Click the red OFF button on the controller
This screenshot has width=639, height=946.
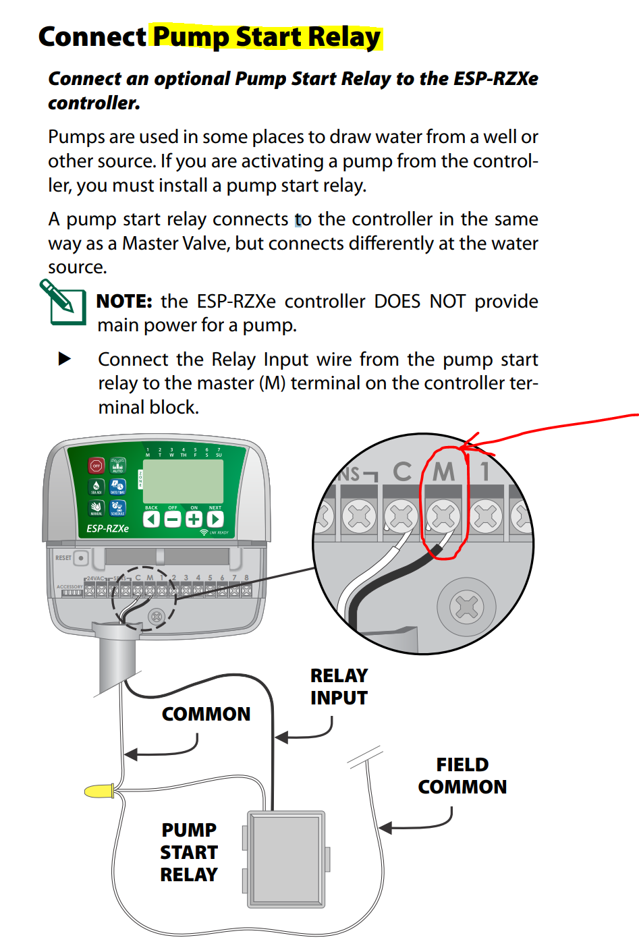point(96,466)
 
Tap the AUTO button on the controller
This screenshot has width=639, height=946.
point(117,466)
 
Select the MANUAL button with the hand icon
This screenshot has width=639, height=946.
point(96,508)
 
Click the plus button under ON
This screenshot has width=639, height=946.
point(194,519)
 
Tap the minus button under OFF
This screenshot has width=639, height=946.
point(173,519)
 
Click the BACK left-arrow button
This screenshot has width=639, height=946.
point(152,519)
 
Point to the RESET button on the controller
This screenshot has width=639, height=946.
point(81,558)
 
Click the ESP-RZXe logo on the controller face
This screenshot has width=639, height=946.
point(107,528)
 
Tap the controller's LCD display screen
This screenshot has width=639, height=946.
point(183,481)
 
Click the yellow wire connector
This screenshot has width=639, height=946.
point(99,791)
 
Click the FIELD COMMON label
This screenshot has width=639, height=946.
point(462,776)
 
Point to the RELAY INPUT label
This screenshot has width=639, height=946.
point(339,686)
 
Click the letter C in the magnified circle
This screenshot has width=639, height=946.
point(402,472)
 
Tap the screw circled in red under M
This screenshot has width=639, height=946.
point(443,517)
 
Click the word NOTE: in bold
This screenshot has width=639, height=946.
point(124,301)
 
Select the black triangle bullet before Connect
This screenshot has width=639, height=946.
point(65,359)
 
